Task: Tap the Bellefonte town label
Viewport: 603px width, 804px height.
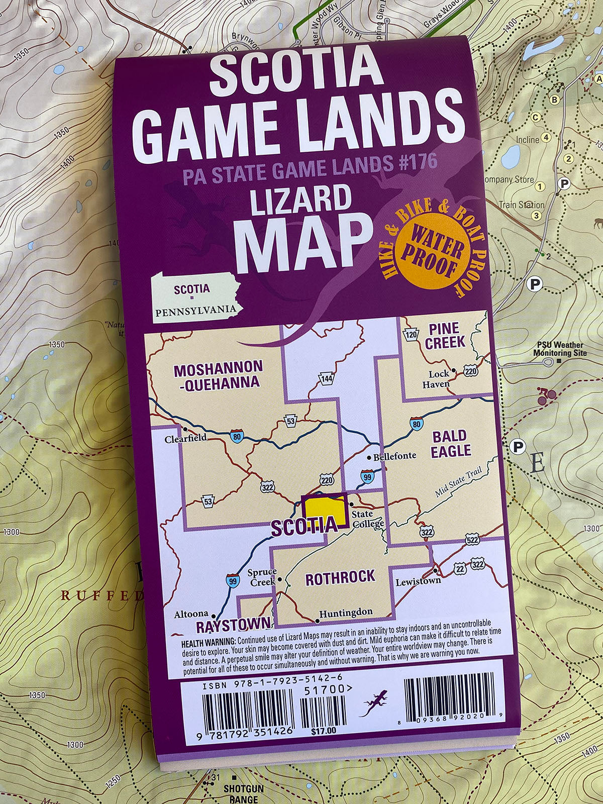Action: [x=394, y=456]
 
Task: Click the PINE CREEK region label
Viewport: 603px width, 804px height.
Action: [x=444, y=336]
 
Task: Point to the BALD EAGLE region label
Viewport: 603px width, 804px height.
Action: [x=450, y=444]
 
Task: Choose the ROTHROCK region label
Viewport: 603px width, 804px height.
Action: [x=340, y=578]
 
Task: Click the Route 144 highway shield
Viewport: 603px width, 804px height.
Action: [x=327, y=378]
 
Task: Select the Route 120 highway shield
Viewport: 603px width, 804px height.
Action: [x=411, y=335]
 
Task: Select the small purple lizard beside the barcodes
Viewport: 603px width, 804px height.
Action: [x=374, y=702]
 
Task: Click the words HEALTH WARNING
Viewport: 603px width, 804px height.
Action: [x=208, y=643]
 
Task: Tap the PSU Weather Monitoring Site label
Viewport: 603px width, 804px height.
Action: [x=559, y=349]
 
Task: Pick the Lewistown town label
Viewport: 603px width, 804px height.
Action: [x=418, y=581]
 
